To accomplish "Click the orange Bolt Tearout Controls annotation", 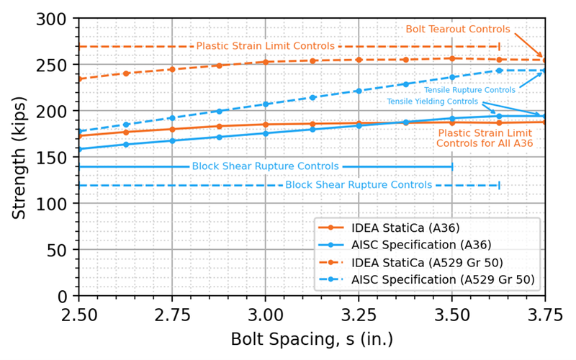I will pos(458,30).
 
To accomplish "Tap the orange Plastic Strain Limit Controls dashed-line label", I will pos(266,46).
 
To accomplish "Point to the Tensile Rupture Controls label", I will pos(469,91).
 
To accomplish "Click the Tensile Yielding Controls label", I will pos(432,102).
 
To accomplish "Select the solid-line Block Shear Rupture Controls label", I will pos(266,166).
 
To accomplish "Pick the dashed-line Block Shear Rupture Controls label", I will pos(359,185).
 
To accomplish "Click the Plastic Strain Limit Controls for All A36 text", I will pos(485,138).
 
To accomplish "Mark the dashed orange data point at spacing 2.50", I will pos(78,79).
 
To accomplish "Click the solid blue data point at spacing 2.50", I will pos(78,149).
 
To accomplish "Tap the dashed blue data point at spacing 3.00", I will pos(266,104).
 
